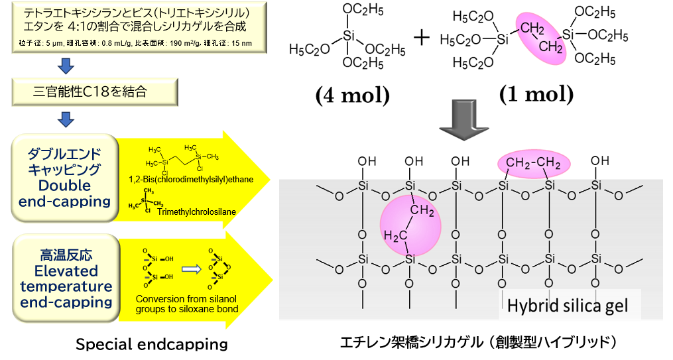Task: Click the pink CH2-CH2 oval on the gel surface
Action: [534, 163]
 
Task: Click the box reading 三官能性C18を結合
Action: [95, 91]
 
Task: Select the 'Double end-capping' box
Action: [65, 178]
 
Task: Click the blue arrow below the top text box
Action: [65, 66]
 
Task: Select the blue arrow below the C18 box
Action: [65, 119]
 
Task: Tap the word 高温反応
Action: [65, 253]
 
